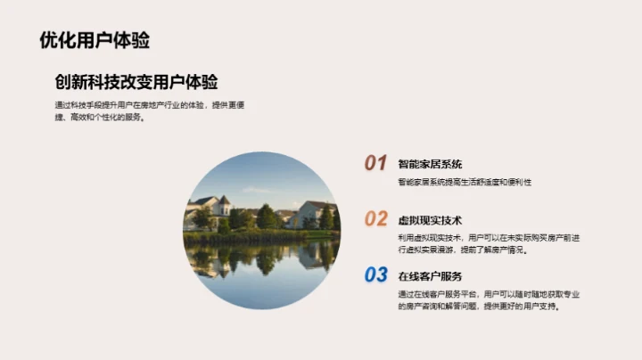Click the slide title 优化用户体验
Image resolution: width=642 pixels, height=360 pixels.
tap(95, 39)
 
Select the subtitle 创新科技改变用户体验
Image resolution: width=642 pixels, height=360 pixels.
tap(136, 82)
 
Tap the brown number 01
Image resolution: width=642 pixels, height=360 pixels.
tap(375, 163)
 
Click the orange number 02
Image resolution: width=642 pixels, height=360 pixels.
tap(375, 219)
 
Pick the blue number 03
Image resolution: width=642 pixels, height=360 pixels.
tap(375, 275)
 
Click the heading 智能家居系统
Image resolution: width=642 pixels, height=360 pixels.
tap(430, 164)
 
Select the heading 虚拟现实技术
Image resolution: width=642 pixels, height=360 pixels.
tap(430, 220)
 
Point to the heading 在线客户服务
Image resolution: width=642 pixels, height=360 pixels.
tap(430, 276)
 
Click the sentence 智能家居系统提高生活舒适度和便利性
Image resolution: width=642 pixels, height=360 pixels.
tap(465, 183)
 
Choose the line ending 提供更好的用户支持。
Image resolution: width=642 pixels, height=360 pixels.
tap(482, 307)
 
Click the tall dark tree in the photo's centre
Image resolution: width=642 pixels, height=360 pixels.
tap(266, 217)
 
